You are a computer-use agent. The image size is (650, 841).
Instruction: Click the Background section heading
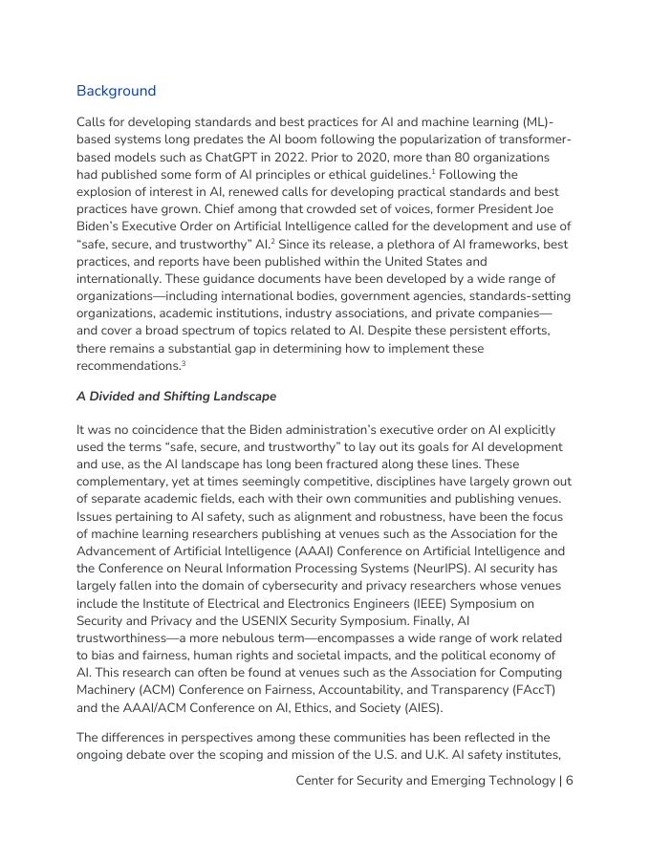click(116, 91)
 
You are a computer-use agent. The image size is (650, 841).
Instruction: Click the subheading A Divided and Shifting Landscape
click(176, 397)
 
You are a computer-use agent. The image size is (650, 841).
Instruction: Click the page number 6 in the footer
click(569, 781)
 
